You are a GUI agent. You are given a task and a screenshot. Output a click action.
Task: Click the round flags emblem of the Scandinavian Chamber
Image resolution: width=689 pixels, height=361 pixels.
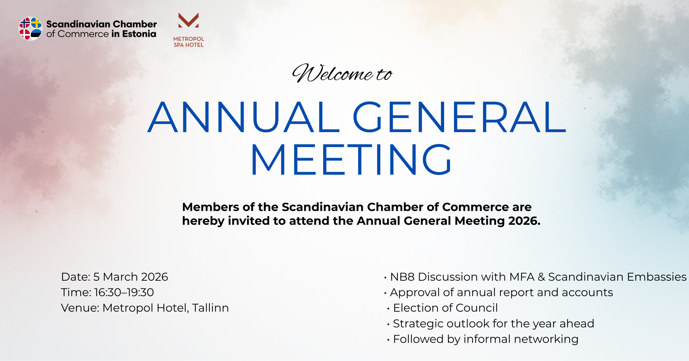(30, 29)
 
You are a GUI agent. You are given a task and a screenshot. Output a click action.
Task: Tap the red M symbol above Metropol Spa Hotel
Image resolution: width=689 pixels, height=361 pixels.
(188, 20)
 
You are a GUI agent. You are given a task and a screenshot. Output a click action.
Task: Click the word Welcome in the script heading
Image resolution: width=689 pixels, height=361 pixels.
(333, 73)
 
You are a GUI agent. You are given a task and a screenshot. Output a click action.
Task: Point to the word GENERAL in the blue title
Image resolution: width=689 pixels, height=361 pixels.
(459, 117)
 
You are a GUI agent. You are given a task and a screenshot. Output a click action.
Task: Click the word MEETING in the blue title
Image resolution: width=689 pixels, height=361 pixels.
(351, 159)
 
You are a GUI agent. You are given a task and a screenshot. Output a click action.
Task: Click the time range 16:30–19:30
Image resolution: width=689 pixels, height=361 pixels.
(124, 293)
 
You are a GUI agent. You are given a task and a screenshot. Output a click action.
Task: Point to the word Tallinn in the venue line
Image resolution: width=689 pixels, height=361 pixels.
(210, 308)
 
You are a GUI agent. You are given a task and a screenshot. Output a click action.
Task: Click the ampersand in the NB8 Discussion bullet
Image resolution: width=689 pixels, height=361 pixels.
(541, 277)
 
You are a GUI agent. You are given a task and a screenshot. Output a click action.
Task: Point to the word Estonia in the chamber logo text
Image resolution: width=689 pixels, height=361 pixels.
(139, 34)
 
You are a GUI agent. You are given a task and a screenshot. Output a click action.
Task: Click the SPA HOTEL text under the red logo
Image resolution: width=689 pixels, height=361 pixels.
(189, 45)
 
